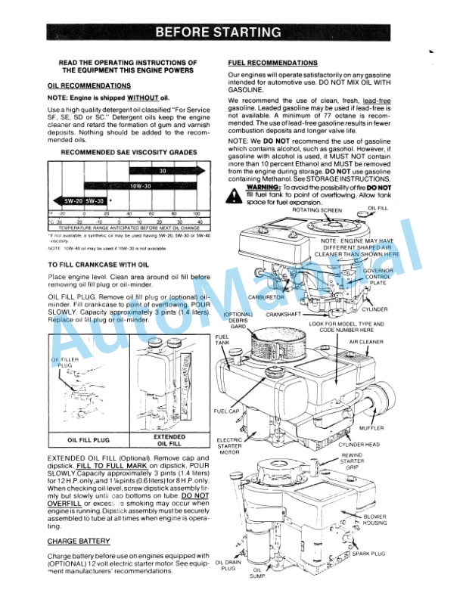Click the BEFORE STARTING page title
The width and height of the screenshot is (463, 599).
coord(218,32)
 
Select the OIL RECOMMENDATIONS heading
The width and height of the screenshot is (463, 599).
coord(89,86)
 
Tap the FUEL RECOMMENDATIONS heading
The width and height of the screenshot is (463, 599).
coord(272,62)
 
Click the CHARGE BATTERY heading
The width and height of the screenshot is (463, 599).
coord(79,541)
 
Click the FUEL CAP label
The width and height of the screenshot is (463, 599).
coord(227,411)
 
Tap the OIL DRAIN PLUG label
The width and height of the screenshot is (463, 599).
coord(228,565)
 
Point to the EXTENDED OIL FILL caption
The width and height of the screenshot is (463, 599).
coord(169,439)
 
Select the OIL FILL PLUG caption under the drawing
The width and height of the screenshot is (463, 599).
coord(89,439)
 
